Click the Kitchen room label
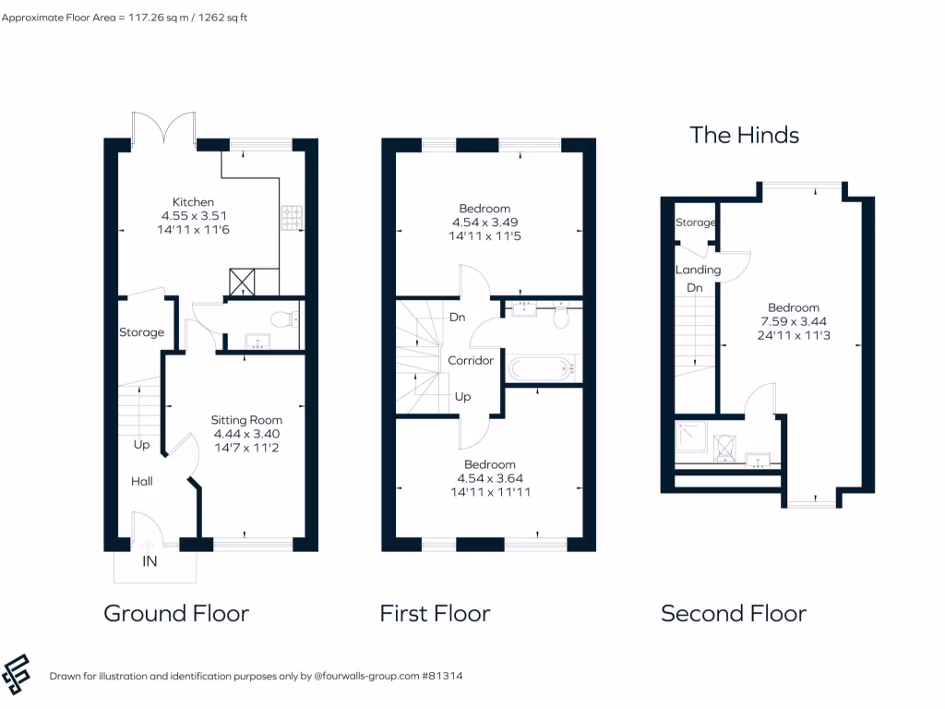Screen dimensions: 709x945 193,202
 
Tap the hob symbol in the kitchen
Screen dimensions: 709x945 292,218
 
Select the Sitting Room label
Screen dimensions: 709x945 246,420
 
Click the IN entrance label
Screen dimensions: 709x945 150,561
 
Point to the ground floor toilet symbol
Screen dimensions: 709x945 288,319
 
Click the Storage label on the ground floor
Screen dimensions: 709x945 141,332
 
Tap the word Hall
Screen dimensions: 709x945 141,481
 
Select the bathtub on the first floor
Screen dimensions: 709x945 542,368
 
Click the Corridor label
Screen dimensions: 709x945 471,360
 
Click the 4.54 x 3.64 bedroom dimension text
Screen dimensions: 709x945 490,478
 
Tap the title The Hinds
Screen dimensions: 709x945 744,135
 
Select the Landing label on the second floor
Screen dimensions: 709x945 698,270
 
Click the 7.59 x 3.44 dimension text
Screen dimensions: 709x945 793,321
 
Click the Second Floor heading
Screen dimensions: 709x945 733,613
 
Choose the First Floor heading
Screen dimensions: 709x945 435,613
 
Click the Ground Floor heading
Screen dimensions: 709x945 176,613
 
